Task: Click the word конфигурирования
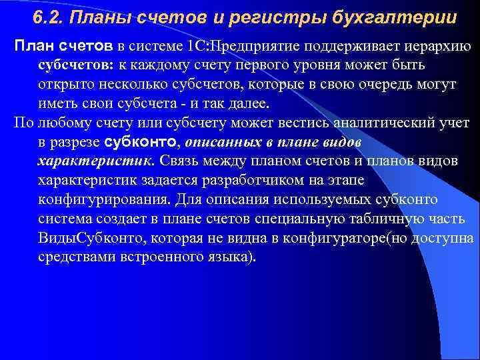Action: point(102,200)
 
